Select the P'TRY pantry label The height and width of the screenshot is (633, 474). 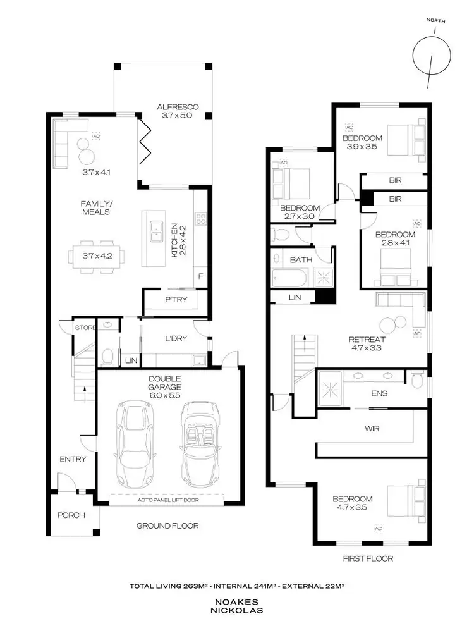(x=176, y=300)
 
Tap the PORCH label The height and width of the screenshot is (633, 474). (x=71, y=515)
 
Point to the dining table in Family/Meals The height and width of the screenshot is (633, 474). (x=96, y=256)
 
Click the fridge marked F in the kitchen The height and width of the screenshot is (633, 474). (x=200, y=276)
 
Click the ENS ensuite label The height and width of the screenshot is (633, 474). (x=380, y=393)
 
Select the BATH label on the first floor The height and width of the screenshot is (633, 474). (x=297, y=259)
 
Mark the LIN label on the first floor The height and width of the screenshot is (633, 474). (x=294, y=296)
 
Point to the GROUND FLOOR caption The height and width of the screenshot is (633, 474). (x=167, y=525)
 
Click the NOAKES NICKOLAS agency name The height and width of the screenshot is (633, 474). (x=237, y=606)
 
